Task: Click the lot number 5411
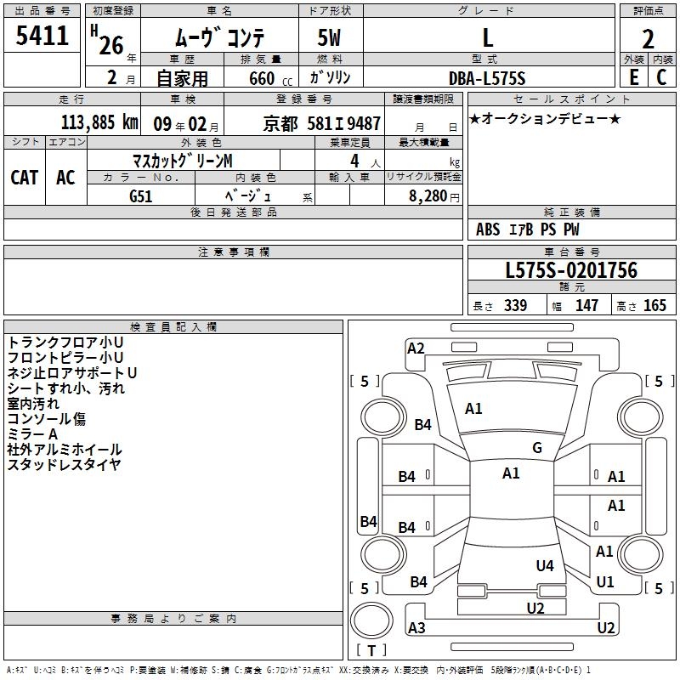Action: (x=42, y=36)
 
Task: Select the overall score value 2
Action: (x=648, y=38)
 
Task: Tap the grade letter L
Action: (x=487, y=37)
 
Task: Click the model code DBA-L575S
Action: (x=487, y=78)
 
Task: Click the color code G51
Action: (x=142, y=196)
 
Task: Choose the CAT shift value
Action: (x=24, y=177)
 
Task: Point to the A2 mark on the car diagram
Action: (x=416, y=348)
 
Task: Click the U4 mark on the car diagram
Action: (x=545, y=565)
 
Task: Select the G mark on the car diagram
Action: (x=537, y=448)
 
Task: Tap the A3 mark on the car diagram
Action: (x=416, y=628)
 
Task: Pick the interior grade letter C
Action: (x=660, y=76)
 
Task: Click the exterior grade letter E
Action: (x=633, y=76)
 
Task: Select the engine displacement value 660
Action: (x=262, y=78)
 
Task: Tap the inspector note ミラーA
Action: (x=33, y=434)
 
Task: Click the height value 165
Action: (x=654, y=306)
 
